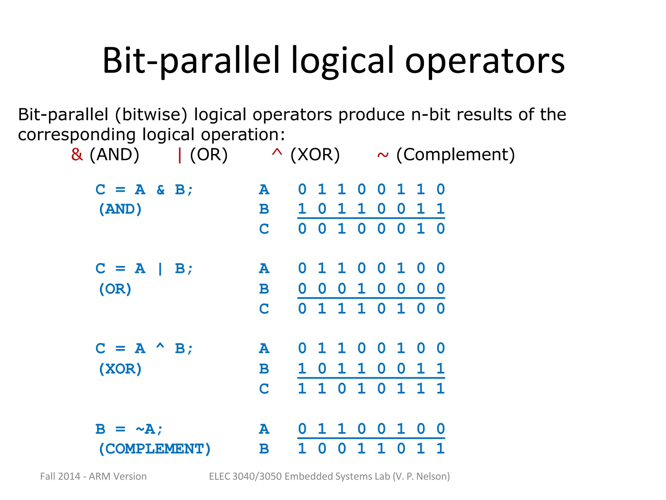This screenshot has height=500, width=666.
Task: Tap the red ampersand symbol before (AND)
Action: [x=77, y=155]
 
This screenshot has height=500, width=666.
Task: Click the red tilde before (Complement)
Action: [x=383, y=156]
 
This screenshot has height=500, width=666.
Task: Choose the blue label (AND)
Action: [x=120, y=209]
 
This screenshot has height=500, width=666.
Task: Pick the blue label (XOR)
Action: [x=120, y=369]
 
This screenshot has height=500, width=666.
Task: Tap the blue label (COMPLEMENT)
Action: [x=154, y=449]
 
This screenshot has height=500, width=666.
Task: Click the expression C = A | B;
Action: [x=144, y=269]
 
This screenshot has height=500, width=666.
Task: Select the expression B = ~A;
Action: [x=129, y=429]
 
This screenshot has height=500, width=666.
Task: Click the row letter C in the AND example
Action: [x=264, y=229]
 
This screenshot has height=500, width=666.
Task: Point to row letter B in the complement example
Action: [x=264, y=449]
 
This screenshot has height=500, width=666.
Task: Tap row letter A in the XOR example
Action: [x=264, y=349]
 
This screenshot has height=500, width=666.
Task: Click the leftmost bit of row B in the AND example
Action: [x=302, y=209]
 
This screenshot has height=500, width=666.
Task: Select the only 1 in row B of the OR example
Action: [x=361, y=289]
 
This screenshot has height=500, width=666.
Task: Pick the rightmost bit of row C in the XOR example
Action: [x=440, y=388]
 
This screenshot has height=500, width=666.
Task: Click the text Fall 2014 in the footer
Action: [x=60, y=476]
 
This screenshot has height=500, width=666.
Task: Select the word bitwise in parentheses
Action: [x=151, y=115]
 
